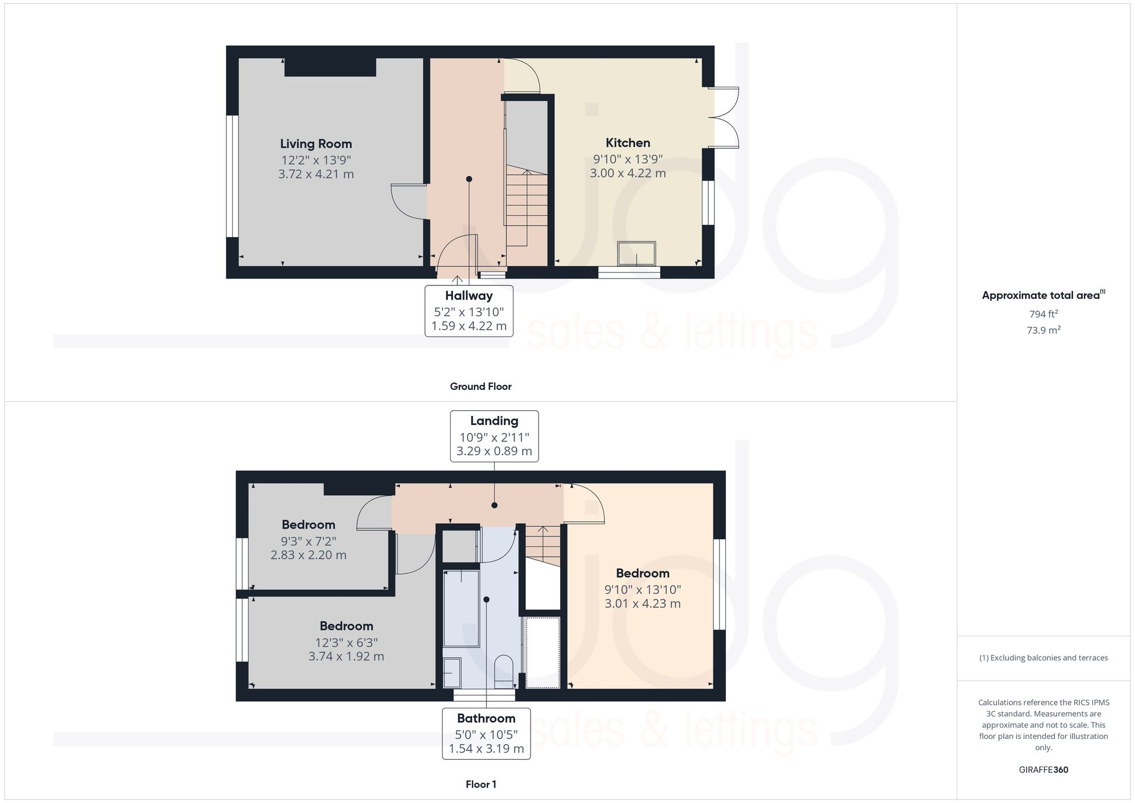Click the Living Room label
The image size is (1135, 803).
[x=316, y=144]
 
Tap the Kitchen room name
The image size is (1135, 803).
[x=628, y=143]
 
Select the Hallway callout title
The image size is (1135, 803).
[x=469, y=296]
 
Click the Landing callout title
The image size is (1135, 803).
[x=494, y=421]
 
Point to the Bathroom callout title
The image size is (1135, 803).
[x=486, y=718]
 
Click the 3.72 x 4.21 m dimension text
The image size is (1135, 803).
[x=316, y=174]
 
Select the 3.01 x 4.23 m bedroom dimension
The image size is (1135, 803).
[x=642, y=604]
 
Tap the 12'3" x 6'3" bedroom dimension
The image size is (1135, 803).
[x=346, y=643]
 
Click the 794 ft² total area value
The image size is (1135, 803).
[x=1043, y=314]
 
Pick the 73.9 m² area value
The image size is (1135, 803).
[x=1043, y=330]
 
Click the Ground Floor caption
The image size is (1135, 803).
[x=480, y=386]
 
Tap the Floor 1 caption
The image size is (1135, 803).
[x=480, y=784]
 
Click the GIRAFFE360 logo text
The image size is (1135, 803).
[x=1043, y=770]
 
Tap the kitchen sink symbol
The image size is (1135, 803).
[x=636, y=253]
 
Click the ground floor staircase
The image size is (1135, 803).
[x=527, y=207]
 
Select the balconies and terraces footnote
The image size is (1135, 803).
[x=1043, y=658]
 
